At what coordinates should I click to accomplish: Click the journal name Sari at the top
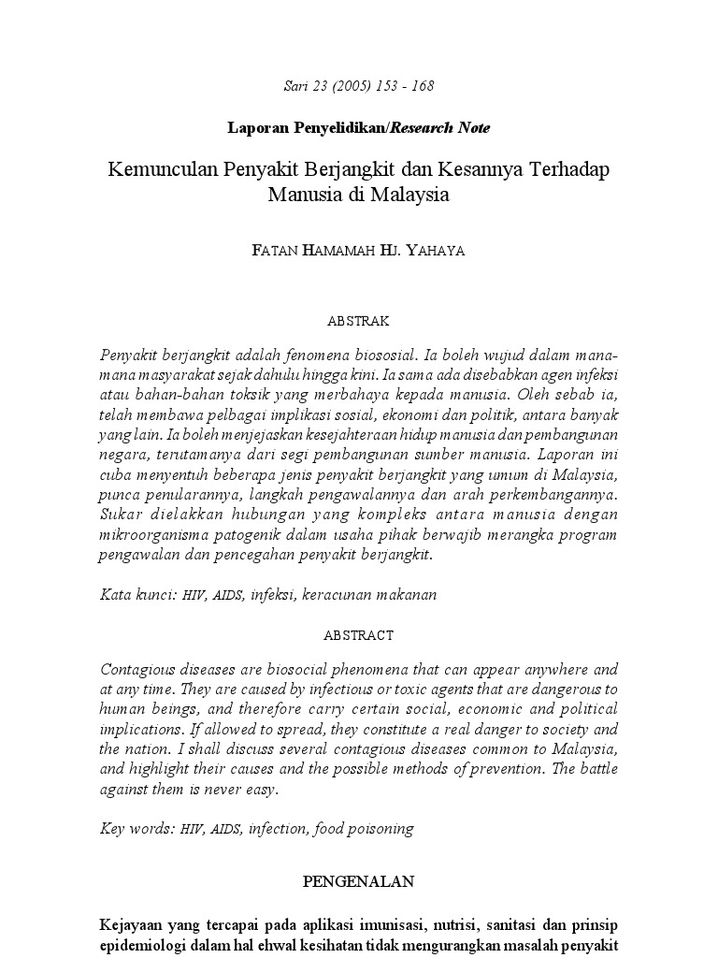click(295, 86)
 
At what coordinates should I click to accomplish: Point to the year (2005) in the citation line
click(353, 86)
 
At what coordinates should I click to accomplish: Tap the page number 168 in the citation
click(422, 86)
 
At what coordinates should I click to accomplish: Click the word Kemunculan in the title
click(161, 171)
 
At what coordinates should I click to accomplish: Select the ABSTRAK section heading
click(358, 321)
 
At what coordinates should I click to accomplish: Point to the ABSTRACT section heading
click(358, 635)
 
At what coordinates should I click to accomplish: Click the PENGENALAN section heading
click(358, 881)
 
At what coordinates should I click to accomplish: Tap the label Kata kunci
click(137, 594)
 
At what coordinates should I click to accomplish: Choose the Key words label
click(136, 828)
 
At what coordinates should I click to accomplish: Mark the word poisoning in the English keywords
click(380, 828)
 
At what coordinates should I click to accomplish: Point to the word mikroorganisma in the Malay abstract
click(154, 534)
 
